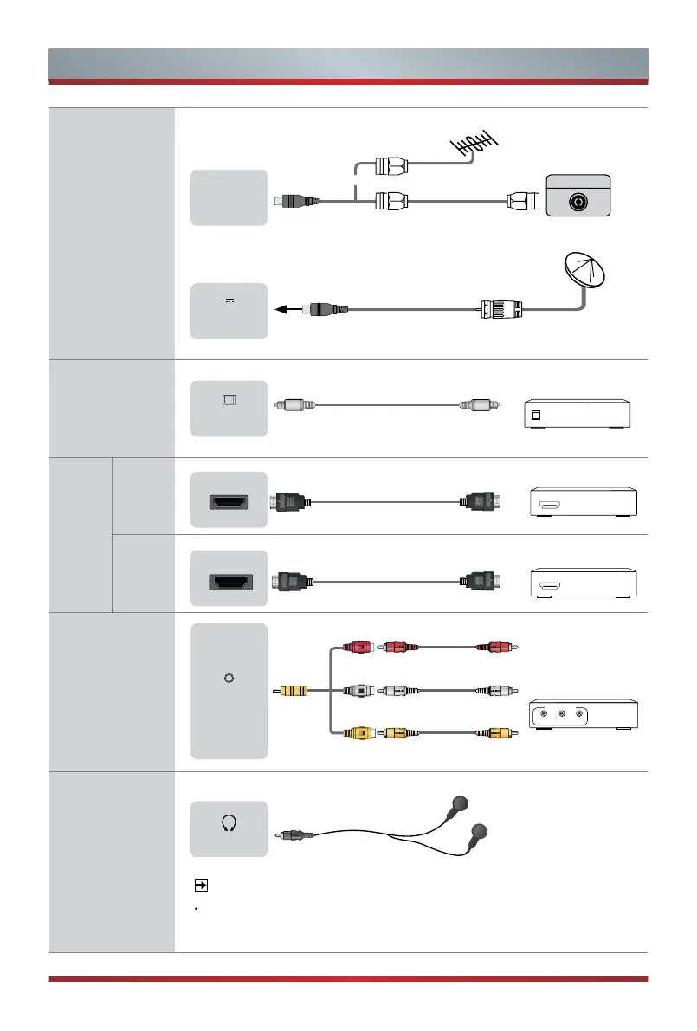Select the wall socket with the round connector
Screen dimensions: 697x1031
tap(578, 200)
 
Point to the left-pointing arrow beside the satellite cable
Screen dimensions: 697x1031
tap(283, 306)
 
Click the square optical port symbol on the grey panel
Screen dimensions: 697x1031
tap(229, 400)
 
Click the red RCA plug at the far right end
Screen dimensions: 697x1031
tap(500, 646)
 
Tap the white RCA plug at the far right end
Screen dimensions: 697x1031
tap(500, 690)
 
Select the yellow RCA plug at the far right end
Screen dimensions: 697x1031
tap(500, 733)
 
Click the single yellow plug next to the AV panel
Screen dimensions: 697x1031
tap(292, 691)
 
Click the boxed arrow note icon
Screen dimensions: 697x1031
tap(200, 886)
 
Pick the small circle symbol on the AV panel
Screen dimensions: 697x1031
tap(228, 678)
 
